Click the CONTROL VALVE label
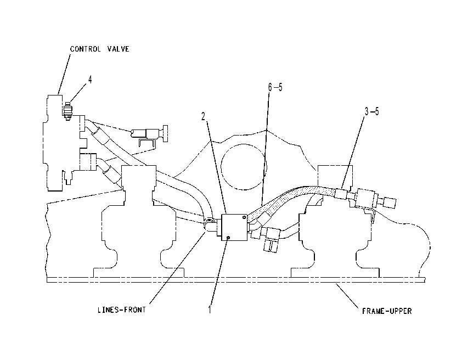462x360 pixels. [100, 49]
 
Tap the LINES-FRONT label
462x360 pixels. [122, 310]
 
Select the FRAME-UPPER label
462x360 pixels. [387, 311]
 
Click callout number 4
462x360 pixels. [90, 80]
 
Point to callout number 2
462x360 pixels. [204, 117]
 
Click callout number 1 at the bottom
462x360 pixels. [210, 310]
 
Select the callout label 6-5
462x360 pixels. [275, 87]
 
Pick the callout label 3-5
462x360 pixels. [372, 111]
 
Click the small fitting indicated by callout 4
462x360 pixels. [68, 111]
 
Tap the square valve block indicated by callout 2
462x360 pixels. [234, 227]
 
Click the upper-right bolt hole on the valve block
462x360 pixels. [244, 217]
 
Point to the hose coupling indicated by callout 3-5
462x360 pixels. [341, 194]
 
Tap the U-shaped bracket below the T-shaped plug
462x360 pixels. [147, 143]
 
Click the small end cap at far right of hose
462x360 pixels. [390, 202]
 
